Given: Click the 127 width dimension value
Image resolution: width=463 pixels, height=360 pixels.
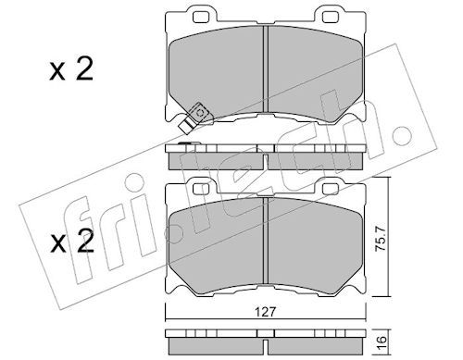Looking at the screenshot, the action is [266, 312].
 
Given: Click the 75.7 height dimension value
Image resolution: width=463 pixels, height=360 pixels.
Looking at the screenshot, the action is [381, 238].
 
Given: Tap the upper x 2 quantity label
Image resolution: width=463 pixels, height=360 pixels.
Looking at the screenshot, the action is [71, 69].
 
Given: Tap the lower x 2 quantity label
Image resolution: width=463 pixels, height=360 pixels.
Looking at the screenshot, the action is [72, 242].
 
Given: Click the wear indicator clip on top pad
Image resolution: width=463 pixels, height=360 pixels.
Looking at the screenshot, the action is [194, 118].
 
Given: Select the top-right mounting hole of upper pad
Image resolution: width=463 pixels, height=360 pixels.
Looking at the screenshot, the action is [329, 18].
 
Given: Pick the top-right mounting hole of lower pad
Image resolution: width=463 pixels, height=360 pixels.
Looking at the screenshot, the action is [329, 189].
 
